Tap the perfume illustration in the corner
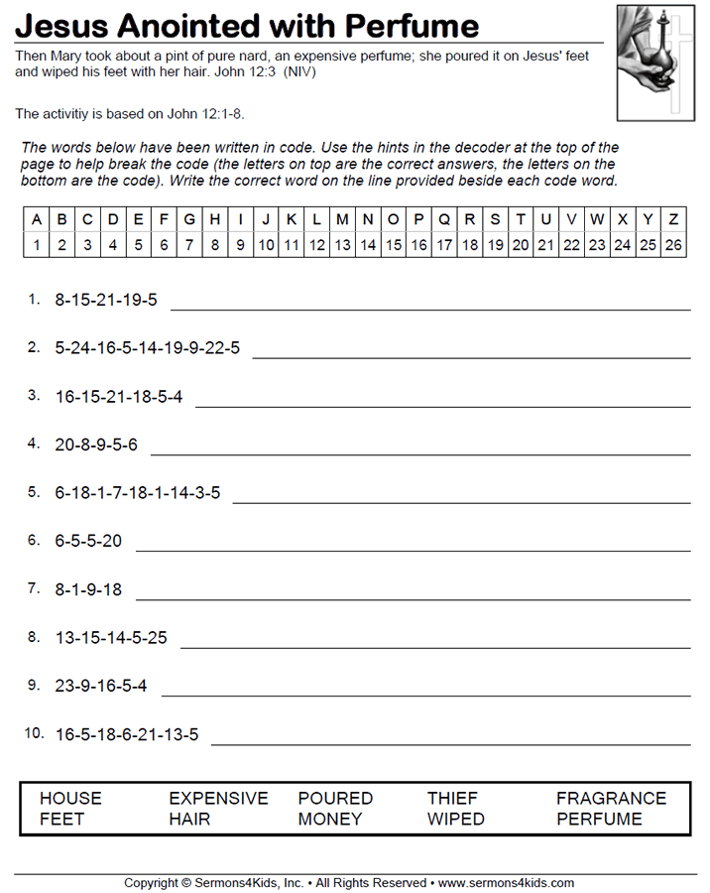point(655,62)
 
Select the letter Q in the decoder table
point(443,219)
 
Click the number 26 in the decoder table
point(673,245)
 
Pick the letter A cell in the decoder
point(37,219)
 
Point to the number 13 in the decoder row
point(342,245)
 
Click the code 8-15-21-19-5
point(106,300)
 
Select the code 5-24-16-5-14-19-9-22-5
point(148,348)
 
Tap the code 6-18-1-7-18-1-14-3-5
point(138,493)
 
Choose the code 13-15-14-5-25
point(111,638)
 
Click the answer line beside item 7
point(413,598)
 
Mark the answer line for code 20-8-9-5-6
point(419,453)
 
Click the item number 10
point(35,734)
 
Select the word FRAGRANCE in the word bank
point(611,799)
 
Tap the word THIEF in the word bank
point(452,799)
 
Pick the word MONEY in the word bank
point(330,820)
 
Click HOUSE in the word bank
point(70,799)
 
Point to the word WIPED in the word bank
point(455,820)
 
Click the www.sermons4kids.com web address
point(506,882)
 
